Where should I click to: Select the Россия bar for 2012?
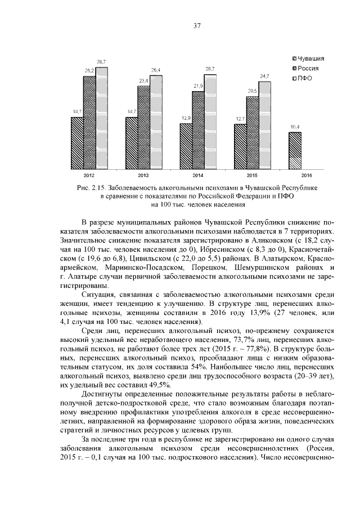pos(89,123)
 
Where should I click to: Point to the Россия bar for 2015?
pos(252,133)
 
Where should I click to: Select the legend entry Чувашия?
pos(309,58)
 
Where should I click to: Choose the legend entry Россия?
pos(308,68)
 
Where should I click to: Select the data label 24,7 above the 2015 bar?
pos(264,76)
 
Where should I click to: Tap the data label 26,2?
pos(89,70)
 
